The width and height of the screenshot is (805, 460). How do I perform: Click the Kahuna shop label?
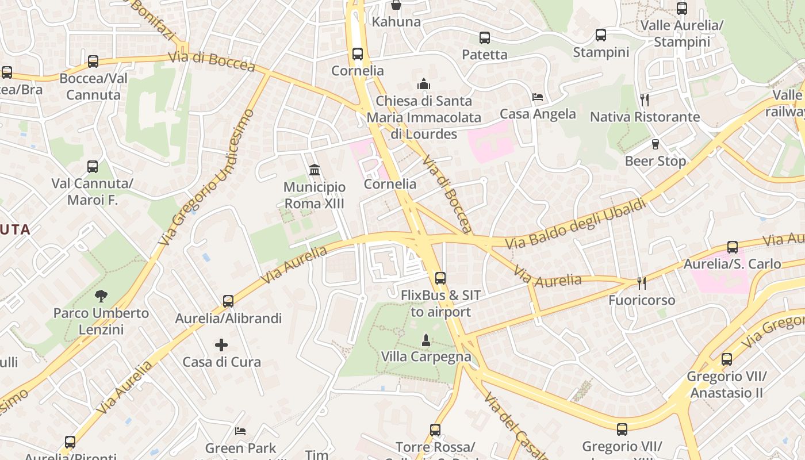coord(396,22)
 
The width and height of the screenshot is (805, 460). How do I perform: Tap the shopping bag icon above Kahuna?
coord(396,5)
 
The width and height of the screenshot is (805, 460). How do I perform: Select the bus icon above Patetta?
coord(485,38)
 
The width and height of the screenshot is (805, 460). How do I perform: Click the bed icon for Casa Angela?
coord(538,97)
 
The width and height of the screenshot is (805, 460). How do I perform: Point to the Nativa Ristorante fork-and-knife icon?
coord(645,100)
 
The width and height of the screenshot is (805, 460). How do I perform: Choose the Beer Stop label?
coord(655,161)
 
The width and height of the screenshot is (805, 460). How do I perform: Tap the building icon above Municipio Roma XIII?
coord(315,170)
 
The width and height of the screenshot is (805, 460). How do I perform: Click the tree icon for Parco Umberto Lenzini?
coord(101,296)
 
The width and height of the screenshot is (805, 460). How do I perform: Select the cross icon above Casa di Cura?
coord(221,345)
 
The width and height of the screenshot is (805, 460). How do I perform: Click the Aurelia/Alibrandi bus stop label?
coord(228,318)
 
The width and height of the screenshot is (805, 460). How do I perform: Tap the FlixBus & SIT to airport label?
coord(440,304)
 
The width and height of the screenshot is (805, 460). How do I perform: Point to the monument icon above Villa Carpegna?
coord(426,340)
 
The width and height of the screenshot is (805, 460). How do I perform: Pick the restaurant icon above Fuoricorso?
coord(642,283)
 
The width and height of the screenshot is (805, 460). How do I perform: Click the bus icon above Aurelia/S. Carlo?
coord(732,247)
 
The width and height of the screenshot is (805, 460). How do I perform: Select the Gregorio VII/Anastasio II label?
coord(727,385)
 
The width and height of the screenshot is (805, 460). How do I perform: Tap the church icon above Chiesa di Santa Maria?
coord(424,84)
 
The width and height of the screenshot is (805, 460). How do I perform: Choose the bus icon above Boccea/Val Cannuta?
coord(93,62)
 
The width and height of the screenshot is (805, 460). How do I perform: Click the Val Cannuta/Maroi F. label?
coord(93,191)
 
